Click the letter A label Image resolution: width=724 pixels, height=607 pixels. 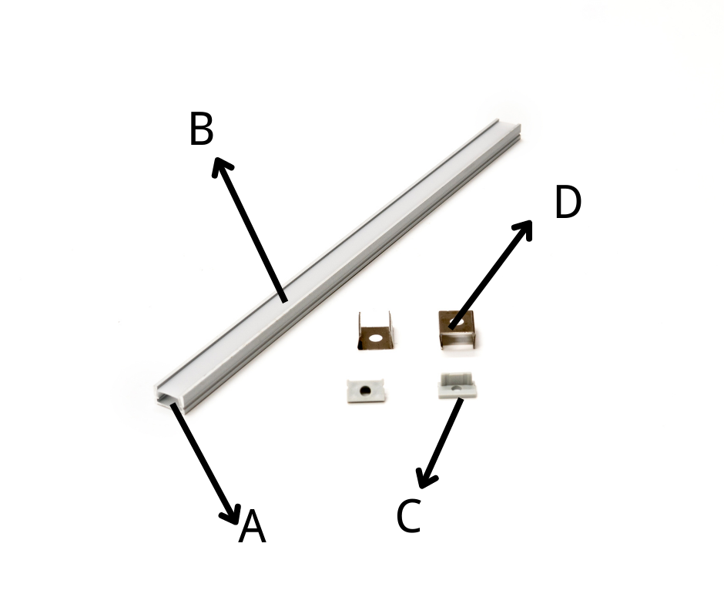pos(252,527)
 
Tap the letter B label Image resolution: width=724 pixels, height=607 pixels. pos(201,129)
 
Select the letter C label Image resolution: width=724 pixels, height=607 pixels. pos(409,516)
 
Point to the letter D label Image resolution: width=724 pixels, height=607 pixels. pos(568,201)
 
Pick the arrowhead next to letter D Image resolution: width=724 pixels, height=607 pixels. pos(524,228)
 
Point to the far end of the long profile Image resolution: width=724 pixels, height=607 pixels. pos(507,128)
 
